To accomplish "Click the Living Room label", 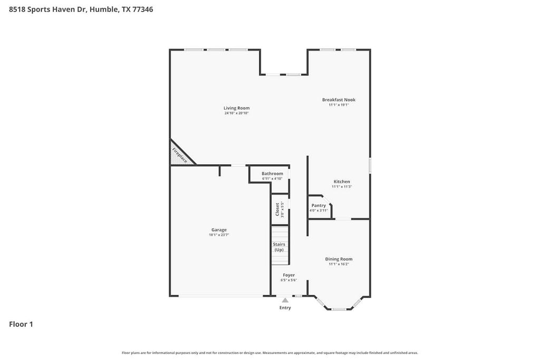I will point(236,108).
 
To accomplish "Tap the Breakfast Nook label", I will point(339,100).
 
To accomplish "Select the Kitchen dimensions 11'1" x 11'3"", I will point(342,187).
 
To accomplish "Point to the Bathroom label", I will point(272,173).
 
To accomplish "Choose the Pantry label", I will point(319,206).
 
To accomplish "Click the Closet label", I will point(277,209).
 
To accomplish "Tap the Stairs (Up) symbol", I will point(279,246).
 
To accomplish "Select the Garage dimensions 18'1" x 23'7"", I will point(219,235).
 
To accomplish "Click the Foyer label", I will point(289,275).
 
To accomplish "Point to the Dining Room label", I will point(339,259).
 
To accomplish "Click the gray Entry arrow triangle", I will point(285,300).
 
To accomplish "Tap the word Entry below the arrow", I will point(285,308).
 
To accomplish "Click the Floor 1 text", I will point(21,324).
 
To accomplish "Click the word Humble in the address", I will point(103,9).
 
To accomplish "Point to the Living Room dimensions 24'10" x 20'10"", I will point(236,113).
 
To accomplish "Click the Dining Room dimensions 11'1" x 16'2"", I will point(339,264).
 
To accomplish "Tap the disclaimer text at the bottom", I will point(269,353).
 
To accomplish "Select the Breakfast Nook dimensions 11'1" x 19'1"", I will point(339,105).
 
